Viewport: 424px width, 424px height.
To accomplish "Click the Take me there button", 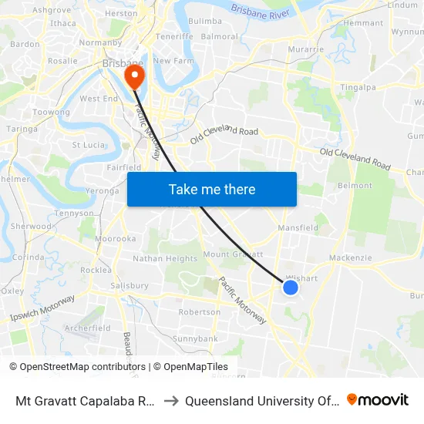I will click(x=212, y=189).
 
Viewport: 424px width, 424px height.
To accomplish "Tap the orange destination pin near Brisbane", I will click(x=135, y=76).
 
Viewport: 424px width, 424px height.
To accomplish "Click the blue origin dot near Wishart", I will click(x=291, y=288).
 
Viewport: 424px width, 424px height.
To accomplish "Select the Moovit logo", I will click(x=378, y=399).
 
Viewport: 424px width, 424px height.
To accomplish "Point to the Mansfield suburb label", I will click(x=298, y=228).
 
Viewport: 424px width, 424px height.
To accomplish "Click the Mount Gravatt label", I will click(x=233, y=254).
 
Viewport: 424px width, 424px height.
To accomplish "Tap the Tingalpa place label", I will click(x=358, y=88).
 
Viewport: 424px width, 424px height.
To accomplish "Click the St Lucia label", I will click(x=88, y=144).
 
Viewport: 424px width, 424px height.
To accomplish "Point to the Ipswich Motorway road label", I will click(x=42, y=308).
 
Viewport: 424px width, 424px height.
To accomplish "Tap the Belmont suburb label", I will click(x=355, y=186).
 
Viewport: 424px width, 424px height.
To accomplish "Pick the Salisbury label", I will click(x=130, y=285).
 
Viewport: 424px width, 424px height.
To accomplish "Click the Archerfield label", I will click(x=87, y=328).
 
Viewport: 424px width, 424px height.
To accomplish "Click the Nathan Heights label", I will click(x=165, y=259).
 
